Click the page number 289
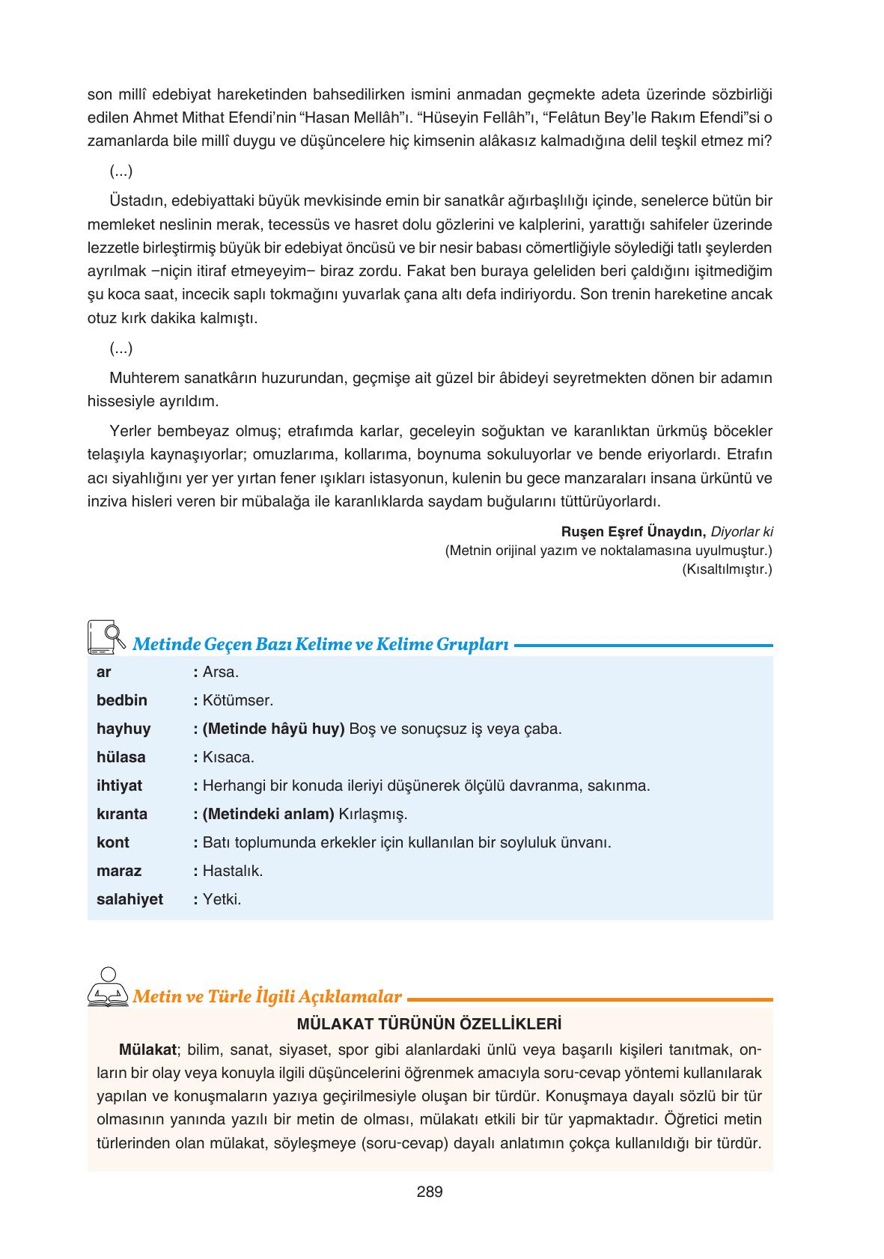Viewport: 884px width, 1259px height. click(430, 1192)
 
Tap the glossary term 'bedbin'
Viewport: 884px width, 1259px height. click(122, 700)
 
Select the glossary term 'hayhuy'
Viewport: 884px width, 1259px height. click(124, 729)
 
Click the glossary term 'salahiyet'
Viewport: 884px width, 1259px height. click(129, 899)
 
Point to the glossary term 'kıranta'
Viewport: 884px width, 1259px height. click(122, 814)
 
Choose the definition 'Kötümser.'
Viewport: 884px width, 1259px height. click(238, 700)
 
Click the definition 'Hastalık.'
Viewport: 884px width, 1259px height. click(233, 871)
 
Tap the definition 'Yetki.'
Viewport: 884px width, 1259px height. click(222, 899)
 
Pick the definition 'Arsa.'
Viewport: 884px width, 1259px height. click(221, 672)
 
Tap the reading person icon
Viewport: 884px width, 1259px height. click(108, 987)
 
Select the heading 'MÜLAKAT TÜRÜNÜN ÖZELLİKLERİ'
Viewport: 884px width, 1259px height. click(430, 1023)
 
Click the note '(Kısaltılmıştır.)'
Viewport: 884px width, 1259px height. click(727, 569)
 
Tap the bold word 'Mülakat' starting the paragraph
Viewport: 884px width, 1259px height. click(147, 1049)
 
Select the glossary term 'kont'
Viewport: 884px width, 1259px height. click(113, 842)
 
